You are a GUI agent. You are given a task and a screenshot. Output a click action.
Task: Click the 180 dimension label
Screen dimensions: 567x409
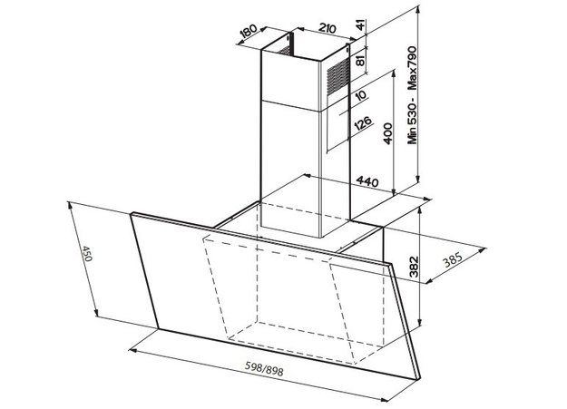(x=249, y=32)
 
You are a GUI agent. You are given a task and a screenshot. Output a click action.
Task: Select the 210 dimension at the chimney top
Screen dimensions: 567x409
(x=327, y=28)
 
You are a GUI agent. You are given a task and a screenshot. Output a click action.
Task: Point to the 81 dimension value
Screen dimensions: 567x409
(x=360, y=58)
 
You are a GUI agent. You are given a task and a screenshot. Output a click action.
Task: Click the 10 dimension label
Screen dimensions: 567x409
(x=361, y=94)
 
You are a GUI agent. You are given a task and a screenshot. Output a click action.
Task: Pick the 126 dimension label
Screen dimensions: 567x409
(x=363, y=122)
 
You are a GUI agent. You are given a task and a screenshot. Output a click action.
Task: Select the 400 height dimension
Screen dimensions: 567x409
(x=387, y=133)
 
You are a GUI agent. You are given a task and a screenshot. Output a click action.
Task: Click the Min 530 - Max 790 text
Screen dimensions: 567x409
(x=413, y=95)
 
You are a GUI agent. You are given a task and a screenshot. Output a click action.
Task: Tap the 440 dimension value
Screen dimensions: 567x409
(x=367, y=181)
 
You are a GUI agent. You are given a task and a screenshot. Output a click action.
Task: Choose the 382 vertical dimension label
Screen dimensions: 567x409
(x=414, y=267)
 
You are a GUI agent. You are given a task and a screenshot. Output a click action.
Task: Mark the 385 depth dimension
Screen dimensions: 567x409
(x=453, y=260)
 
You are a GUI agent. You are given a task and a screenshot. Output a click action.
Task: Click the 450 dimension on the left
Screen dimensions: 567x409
(x=87, y=254)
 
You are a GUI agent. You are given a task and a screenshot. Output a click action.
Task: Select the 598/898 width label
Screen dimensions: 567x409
(x=264, y=369)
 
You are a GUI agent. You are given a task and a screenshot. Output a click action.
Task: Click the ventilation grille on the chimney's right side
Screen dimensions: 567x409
(x=338, y=76)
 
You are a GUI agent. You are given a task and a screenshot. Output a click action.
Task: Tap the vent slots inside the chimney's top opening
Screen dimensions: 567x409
(x=285, y=50)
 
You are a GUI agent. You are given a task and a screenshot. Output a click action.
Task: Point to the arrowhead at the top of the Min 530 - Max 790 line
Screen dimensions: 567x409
(x=418, y=9)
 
